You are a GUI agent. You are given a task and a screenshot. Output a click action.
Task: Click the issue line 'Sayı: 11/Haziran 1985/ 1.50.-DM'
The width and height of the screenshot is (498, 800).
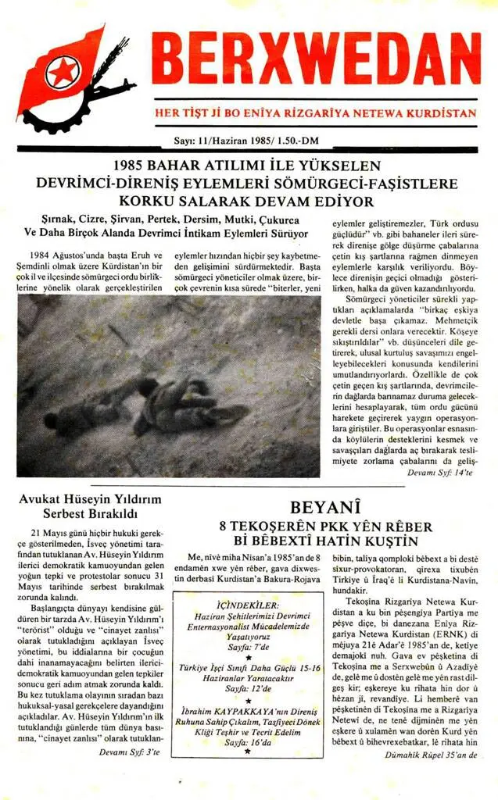click(249, 141)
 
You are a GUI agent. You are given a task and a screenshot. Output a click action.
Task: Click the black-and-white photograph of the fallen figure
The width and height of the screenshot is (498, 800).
click(169, 385)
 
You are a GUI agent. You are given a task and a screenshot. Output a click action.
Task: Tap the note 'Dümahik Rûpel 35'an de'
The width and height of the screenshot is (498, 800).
click(431, 755)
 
